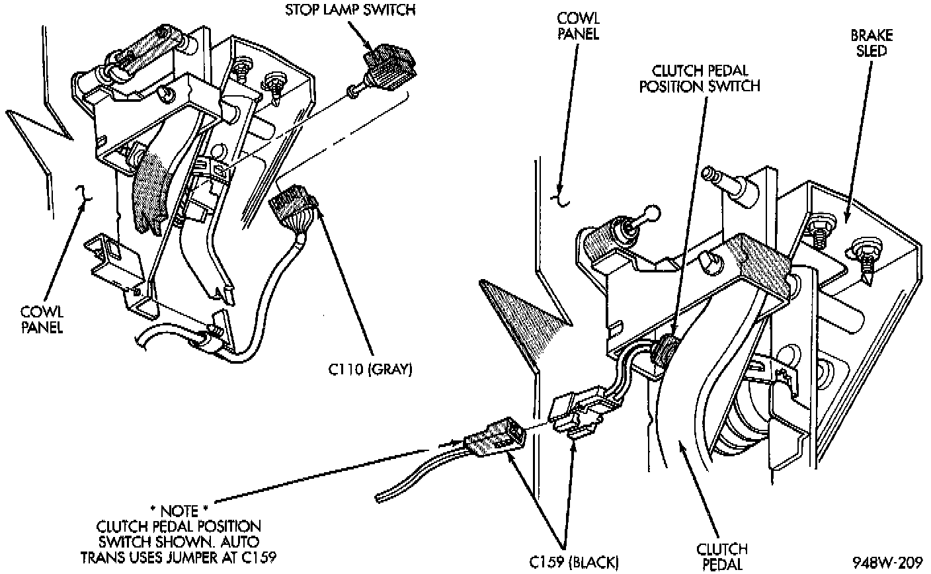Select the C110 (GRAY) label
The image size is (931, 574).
click(370, 370)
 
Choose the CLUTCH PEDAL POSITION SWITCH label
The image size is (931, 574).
click(700, 78)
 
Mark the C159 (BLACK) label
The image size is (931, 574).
click(574, 563)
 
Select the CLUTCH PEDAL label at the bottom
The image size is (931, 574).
click(722, 556)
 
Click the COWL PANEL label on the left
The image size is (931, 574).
click(41, 320)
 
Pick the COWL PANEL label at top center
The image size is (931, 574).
click(578, 26)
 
